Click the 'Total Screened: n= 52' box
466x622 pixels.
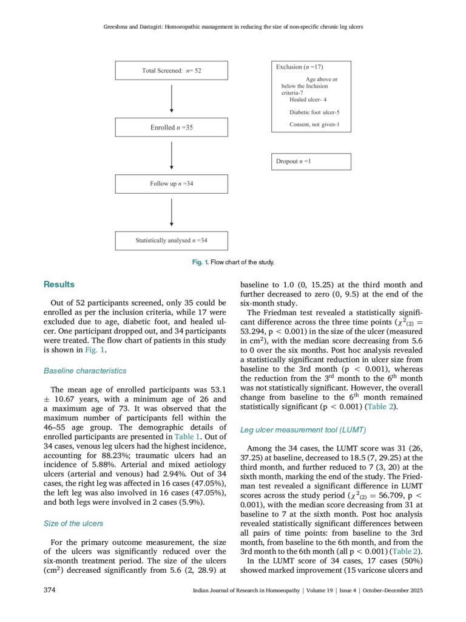[x=172, y=70]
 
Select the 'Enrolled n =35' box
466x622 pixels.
[x=172, y=128]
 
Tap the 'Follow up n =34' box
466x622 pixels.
[x=172, y=184]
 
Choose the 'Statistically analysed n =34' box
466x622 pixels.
[x=172, y=241]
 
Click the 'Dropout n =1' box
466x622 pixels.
[x=311, y=162]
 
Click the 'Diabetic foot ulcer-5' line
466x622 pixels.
[x=314, y=112]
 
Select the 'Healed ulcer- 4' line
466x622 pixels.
[x=308, y=100]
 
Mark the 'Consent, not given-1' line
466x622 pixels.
[x=314, y=125]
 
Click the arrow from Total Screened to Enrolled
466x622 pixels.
[x=172, y=99]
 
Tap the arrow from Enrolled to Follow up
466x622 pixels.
[x=172, y=155]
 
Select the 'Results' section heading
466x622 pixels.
[x=59, y=284]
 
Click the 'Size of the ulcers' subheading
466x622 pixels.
[x=73, y=523]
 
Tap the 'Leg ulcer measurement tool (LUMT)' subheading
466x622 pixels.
[x=303, y=429]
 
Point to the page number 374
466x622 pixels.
[x=50, y=590]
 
